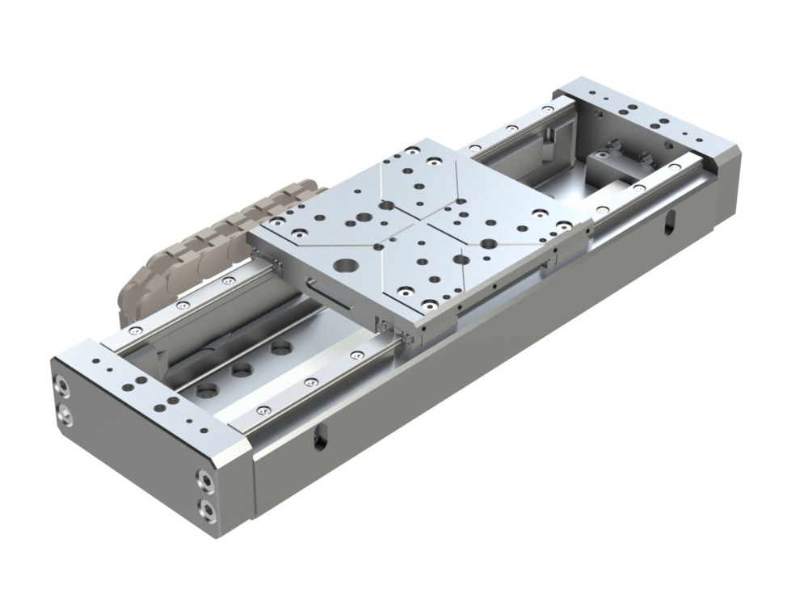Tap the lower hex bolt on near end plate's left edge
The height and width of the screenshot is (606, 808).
(64, 414)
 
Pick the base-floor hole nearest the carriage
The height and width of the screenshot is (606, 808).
(281, 348)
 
